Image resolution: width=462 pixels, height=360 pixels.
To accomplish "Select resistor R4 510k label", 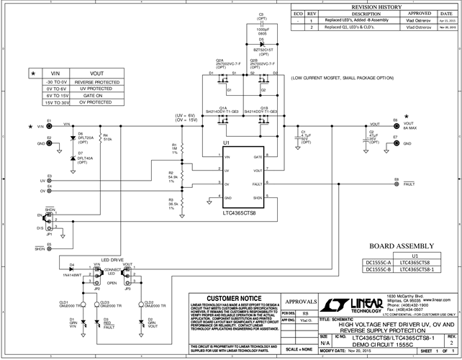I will point(107,136).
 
